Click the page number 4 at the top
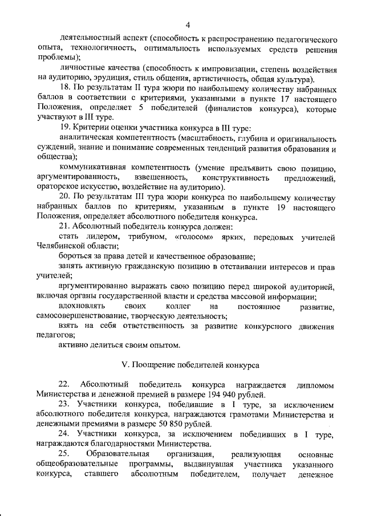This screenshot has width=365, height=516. [x=187, y=25]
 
